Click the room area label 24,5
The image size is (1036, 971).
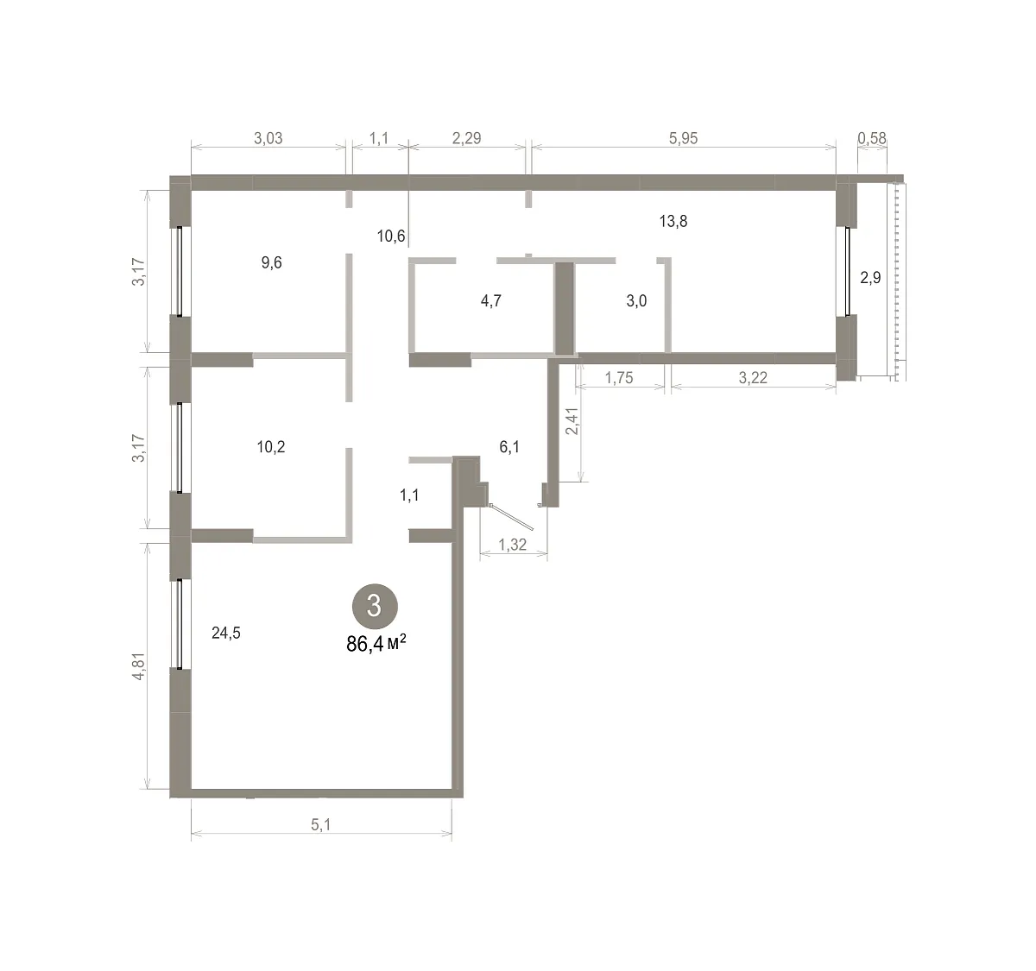(226, 633)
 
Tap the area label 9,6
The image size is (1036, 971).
(271, 262)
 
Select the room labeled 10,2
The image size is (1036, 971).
(271, 446)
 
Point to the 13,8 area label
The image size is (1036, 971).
(673, 221)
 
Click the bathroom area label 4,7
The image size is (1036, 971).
(491, 300)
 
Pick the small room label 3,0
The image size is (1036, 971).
(636, 300)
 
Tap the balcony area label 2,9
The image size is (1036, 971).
(870, 278)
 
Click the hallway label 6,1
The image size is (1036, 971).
(509, 446)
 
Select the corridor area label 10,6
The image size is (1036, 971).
(391, 236)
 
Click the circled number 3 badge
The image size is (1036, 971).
(375, 606)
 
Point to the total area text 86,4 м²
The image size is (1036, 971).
(376, 644)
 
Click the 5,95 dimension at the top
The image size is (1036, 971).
(683, 138)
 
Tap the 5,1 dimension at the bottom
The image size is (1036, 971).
(321, 825)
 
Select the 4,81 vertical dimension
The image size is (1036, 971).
(139, 666)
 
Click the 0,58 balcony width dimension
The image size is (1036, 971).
(872, 138)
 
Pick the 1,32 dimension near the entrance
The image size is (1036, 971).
(512, 545)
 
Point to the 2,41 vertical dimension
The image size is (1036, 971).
(572, 421)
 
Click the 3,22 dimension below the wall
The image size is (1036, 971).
(753, 378)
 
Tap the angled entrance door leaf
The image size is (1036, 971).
(512, 517)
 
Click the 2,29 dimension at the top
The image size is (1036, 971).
(466, 138)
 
